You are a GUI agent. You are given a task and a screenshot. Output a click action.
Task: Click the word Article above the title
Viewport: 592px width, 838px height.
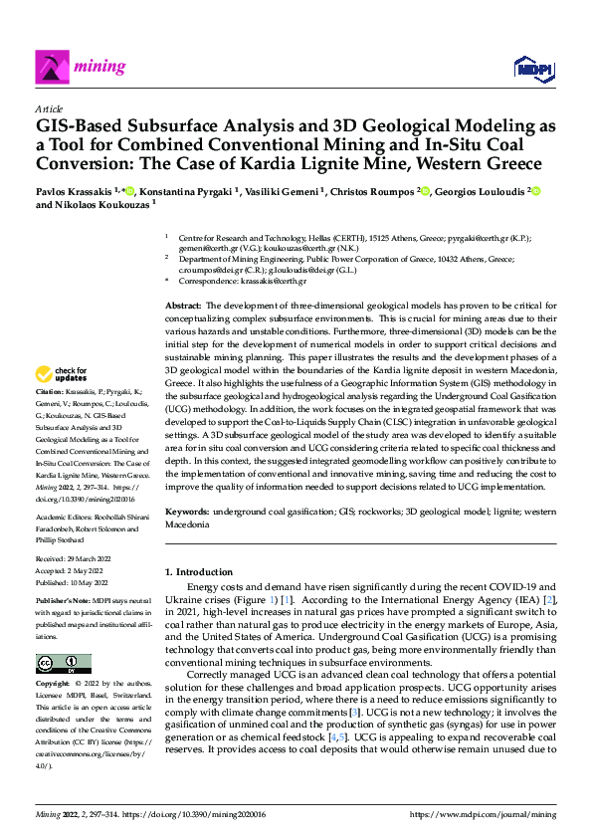49,108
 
